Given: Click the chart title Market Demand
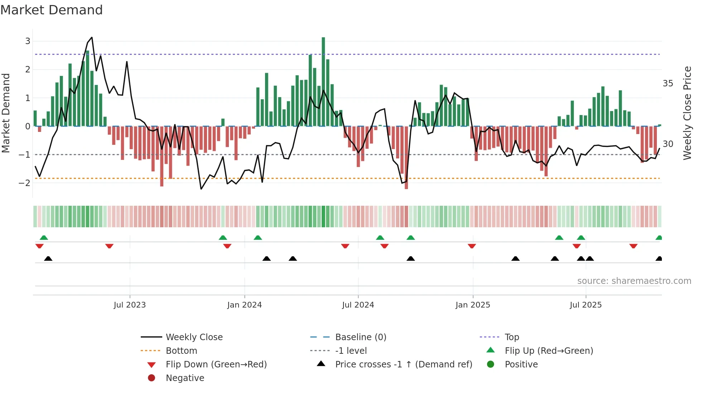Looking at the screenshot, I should [x=52, y=10].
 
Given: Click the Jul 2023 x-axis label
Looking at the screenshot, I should [x=130, y=305].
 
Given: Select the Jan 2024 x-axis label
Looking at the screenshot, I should [x=245, y=305].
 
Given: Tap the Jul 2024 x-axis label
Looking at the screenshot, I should [x=358, y=305].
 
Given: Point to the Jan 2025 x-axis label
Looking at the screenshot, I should [x=473, y=305].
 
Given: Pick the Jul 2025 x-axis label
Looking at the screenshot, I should [x=586, y=305].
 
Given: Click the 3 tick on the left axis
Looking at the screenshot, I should [x=28, y=41].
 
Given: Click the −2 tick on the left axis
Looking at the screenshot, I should [x=25, y=183].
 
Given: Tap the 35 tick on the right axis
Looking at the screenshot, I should [x=668, y=84].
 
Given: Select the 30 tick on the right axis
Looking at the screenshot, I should [x=668, y=144].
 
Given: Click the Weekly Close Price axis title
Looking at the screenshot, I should [x=687, y=113].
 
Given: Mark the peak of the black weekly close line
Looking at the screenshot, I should [x=92, y=37].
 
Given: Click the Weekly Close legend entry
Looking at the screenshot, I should [x=194, y=337].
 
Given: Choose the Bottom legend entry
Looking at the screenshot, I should [x=181, y=351].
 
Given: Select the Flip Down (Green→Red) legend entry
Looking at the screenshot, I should [x=216, y=365].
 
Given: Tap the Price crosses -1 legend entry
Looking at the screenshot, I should [x=403, y=365].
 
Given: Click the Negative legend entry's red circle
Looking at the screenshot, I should [x=152, y=378].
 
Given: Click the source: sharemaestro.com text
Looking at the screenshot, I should [x=634, y=281].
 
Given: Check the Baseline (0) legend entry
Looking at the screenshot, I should [x=360, y=337].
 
